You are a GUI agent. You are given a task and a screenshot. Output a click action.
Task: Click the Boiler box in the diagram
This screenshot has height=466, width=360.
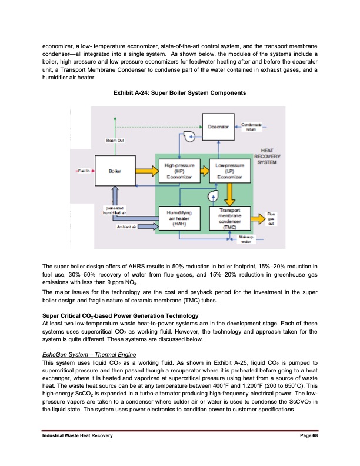pos(115,171)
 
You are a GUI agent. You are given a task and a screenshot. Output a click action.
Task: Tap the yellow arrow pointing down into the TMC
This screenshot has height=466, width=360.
pos(231,194)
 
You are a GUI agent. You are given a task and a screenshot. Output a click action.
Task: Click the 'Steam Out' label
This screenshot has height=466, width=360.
pos(114,140)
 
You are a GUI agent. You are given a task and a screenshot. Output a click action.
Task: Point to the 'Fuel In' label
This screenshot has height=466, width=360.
pos(82,171)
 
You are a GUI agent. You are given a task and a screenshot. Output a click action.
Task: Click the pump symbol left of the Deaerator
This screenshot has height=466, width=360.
pos(189,137)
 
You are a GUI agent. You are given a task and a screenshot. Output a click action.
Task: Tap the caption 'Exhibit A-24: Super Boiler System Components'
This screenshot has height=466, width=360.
pos(179,94)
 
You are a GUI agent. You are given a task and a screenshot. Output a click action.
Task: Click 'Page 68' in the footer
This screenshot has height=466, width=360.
pos(308,451)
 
